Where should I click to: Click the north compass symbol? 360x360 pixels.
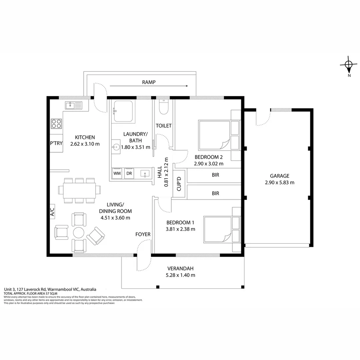[349, 65]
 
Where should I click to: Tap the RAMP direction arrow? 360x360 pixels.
[149, 86]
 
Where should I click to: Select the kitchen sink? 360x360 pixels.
[73, 106]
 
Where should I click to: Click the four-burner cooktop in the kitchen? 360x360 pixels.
[56, 124]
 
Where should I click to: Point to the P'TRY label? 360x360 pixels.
[56, 143]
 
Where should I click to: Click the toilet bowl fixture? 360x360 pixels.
[164, 107]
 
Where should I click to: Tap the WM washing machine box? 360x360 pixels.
[117, 173]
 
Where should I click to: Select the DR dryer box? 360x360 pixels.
[129, 173]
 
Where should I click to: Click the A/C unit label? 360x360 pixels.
[52, 212]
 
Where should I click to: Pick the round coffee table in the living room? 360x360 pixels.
[79, 233]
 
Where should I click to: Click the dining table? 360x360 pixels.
[79, 190]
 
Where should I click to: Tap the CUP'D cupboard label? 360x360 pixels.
[179, 184]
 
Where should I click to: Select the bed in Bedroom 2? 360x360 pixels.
[219, 135]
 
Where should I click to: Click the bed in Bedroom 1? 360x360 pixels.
[222, 229]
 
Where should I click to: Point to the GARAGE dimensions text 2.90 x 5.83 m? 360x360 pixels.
[280, 183]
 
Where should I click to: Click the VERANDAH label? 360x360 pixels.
[180, 268]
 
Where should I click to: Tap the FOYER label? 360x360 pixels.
[143, 234]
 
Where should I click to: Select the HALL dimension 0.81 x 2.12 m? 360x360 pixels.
[166, 172]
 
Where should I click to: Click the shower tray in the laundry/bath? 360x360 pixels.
[124, 111]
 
